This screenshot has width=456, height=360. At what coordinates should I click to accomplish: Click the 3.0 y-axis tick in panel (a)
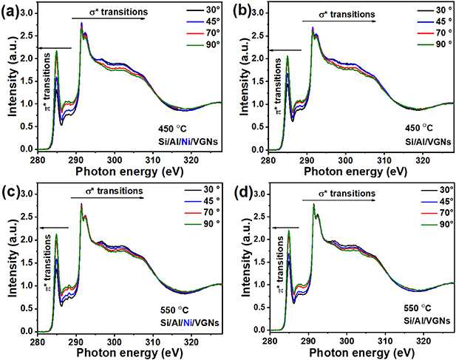[26, 13]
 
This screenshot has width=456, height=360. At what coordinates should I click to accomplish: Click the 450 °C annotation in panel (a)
[175, 126]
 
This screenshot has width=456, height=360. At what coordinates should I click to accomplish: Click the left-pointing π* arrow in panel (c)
[52, 215]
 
